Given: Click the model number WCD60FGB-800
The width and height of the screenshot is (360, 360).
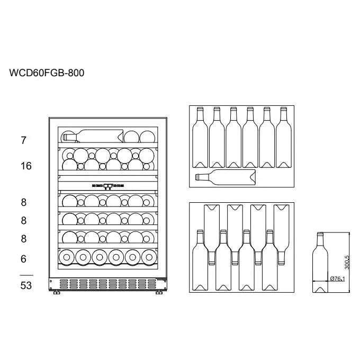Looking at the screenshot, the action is [x=47, y=73].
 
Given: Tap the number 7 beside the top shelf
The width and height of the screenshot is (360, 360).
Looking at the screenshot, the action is [x=23, y=140].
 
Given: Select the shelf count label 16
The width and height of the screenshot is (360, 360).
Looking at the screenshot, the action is [x=26, y=166].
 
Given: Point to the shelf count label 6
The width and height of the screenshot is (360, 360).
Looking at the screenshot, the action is [x=23, y=259].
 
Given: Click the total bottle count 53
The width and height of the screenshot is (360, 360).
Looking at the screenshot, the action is [x=26, y=285].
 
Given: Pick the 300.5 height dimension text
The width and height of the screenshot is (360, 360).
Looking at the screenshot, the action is [x=347, y=263].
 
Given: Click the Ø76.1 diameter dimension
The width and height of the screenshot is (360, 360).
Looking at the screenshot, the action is [x=338, y=278].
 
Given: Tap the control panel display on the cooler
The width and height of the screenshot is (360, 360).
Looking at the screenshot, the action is [x=108, y=186].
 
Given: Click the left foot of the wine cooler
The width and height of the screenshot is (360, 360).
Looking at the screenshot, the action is [x=57, y=292].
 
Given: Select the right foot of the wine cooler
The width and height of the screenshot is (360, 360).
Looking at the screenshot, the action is [x=159, y=292].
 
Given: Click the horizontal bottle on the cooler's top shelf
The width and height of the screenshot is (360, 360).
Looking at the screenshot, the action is [x=93, y=136].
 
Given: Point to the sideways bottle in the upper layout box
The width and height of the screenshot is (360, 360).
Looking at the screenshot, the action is [x=226, y=177].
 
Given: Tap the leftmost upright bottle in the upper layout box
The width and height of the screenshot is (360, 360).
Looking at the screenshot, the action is [x=200, y=137].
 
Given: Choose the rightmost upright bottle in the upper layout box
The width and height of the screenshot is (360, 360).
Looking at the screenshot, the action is [x=284, y=137].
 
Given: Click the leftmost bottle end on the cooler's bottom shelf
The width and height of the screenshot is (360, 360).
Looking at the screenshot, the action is [x=67, y=257].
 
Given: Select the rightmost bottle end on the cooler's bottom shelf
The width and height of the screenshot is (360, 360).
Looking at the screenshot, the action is [x=149, y=257].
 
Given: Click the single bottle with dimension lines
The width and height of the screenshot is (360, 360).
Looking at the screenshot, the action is [x=320, y=263].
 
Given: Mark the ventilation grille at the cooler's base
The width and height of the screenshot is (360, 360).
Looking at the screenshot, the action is [x=108, y=284].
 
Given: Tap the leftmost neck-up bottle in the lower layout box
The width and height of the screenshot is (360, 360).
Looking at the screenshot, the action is [x=200, y=260].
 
